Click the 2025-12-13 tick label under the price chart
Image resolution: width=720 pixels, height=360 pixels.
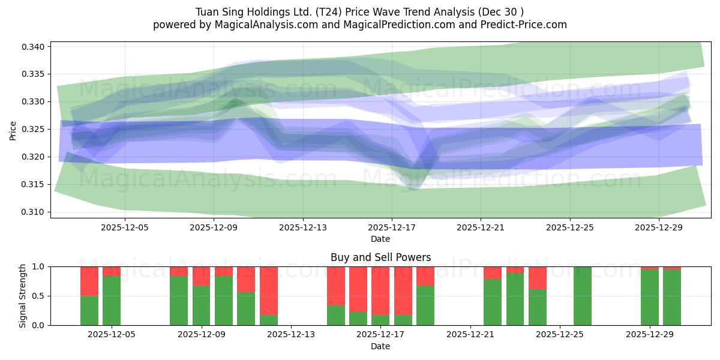tap(302, 228)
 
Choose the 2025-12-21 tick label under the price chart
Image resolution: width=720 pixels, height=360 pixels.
tap(481, 228)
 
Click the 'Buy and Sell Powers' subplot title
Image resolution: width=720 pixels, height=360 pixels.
tap(380, 257)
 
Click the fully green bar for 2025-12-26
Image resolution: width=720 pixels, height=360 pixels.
tap(583, 296)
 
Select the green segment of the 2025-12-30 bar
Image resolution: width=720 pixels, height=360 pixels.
tap(672, 297)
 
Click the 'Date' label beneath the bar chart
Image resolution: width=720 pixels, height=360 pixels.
tap(380, 346)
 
